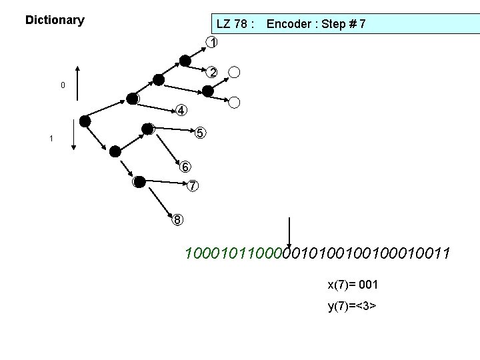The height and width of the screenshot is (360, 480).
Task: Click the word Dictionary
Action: pyautogui.click(x=55, y=20)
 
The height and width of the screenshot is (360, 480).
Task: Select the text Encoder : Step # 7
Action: pyautogui.click(x=315, y=25)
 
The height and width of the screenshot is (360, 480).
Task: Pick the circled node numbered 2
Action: pyautogui.click(x=211, y=72)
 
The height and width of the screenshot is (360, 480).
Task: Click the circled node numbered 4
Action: pyautogui.click(x=181, y=110)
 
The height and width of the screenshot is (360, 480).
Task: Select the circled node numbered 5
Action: pyautogui.click(x=201, y=133)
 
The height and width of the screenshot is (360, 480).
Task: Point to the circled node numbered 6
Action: pyautogui.click(x=185, y=167)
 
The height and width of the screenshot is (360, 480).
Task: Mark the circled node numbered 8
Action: pyautogui.click(x=177, y=219)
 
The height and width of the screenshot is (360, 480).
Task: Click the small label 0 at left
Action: pyautogui.click(x=63, y=85)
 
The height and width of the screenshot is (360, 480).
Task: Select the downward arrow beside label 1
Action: pyautogui.click(x=73, y=138)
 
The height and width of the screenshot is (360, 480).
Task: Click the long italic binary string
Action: pyautogui.click(x=317, y=254)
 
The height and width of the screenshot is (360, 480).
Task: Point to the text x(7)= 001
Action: pyautogui.click(x=353, y=285)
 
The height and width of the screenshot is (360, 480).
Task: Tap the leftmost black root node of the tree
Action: pyautogui.click(x=85, y=121)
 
